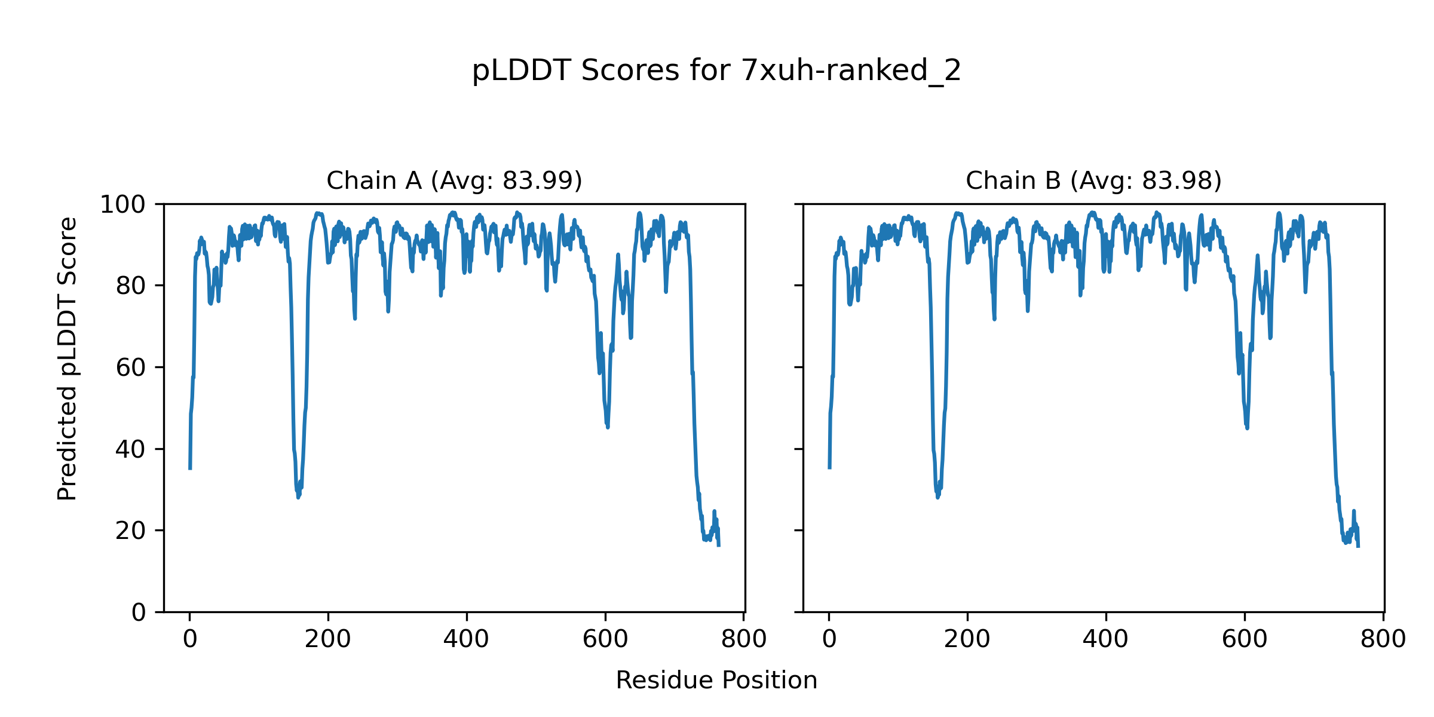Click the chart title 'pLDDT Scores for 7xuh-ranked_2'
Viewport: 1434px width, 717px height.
click(x=716, y=71)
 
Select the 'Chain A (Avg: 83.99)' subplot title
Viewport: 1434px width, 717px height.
click(x=454, y=180)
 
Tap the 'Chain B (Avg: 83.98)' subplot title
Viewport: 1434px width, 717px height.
click(x=1093, y=180)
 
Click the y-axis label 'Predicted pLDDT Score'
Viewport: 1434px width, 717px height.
click(x=68, y=358)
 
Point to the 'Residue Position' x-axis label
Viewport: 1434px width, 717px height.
click(x=716, y=681)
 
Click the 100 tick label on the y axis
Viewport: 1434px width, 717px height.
click(x=122, y=205)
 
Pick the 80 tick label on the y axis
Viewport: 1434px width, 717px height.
click(x=131, y=286)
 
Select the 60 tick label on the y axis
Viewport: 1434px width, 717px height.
click(x=131, y=368)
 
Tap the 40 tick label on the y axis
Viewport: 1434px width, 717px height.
click(x=131, y=449)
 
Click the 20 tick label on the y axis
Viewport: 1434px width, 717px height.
click(x=131, y=531)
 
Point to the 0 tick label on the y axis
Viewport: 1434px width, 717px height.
click(x=139, y=612)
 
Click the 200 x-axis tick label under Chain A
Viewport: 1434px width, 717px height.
click(x=328, y=640)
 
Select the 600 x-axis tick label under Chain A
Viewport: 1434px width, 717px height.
click(x=605, y=640)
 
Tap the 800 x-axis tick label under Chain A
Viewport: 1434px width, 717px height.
click(x=744, y=640)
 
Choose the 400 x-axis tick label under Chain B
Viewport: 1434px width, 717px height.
click(x=1105, y=640)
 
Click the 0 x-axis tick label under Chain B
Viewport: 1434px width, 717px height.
click(x=829, y=640)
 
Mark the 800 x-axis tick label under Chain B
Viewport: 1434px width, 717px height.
click(x=1383, y=640)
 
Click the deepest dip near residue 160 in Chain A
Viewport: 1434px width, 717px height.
click(x=298, y=497)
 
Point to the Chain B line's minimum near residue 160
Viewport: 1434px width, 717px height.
click(x=937, y=497)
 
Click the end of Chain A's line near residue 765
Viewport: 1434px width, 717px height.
click(x=719, y=545)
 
